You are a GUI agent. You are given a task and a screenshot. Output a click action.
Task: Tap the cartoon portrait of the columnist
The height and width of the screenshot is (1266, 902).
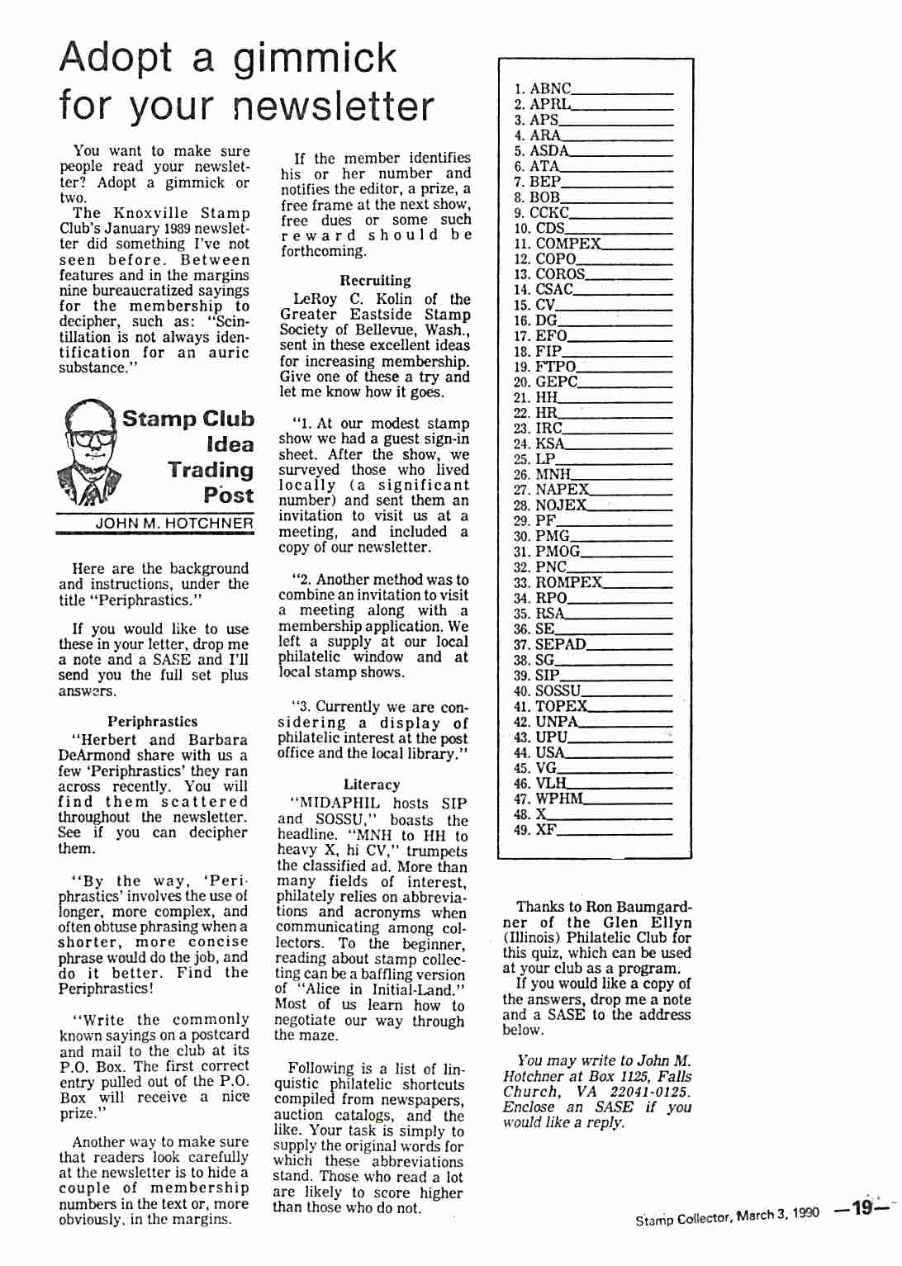click(x=90, y=452)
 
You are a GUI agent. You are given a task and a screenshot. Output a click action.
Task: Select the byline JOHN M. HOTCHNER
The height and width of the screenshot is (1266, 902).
click(x=174, y=523)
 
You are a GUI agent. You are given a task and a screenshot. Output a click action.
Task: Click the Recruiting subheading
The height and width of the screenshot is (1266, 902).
click(x=375, y=281)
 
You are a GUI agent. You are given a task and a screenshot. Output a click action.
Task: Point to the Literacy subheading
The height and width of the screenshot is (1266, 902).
click(x=372, y=785)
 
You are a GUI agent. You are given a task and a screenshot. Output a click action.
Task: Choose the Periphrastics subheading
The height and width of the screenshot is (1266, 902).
click(x=153, y=722)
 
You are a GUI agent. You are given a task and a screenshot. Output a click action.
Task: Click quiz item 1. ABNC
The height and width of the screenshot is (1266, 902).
click(x=543, y=88)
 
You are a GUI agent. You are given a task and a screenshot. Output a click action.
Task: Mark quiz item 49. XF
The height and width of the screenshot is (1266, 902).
click(x=535, y=829)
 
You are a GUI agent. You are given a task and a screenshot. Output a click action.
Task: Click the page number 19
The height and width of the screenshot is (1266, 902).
click(x=863, y=1208)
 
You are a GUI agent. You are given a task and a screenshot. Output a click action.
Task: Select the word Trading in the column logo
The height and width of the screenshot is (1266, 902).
click(x=211, y=470)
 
